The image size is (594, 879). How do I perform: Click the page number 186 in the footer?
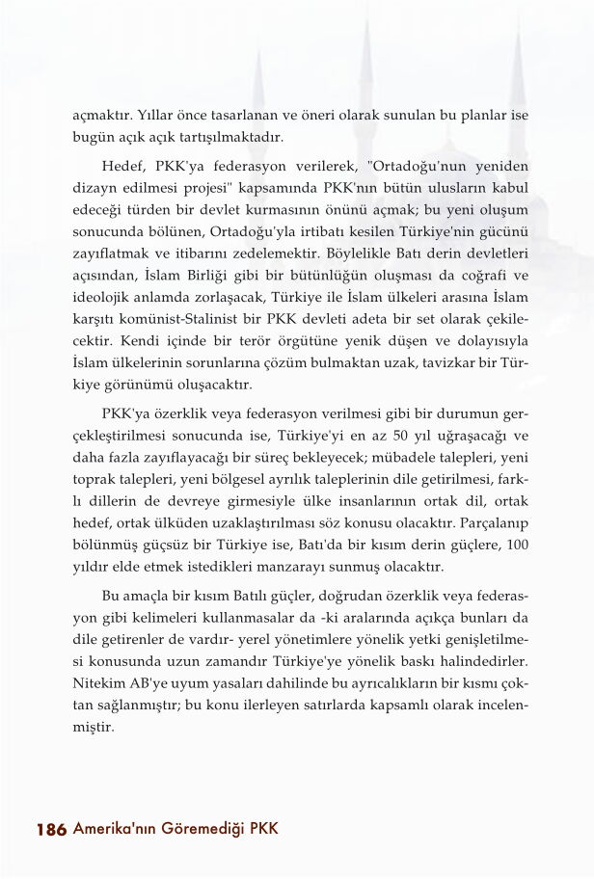click(x=50, y=829)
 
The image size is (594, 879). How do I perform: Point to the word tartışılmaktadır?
click(x=235, y=137)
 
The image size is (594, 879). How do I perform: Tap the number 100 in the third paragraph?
click(x=517, y=546)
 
